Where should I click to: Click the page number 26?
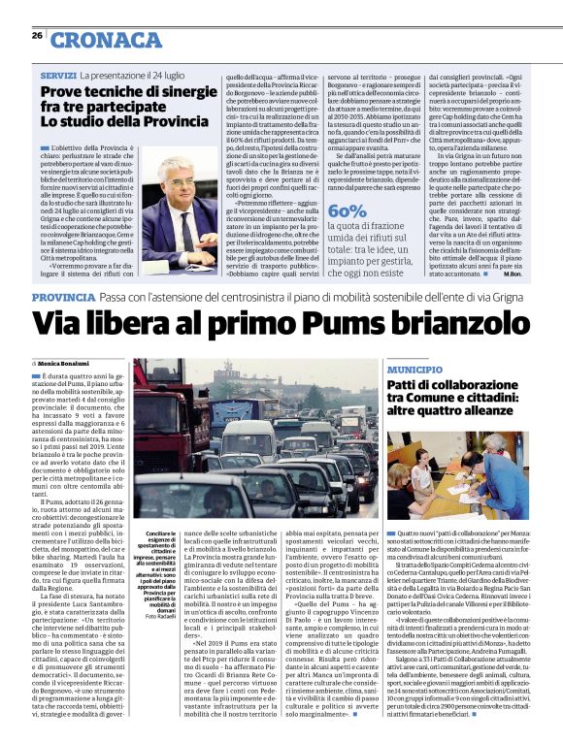click(x=37, y=35)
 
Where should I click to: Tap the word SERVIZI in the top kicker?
click(x=58, y=75)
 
